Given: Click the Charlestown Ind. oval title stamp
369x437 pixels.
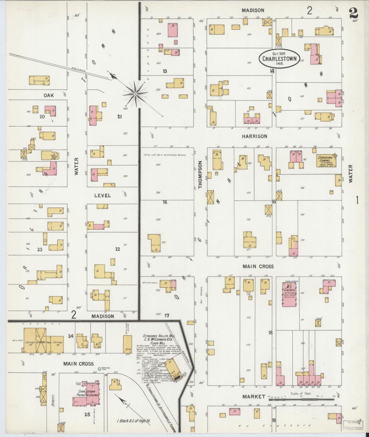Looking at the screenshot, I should pos(279,58).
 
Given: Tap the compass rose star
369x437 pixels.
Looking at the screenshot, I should pos(135,94).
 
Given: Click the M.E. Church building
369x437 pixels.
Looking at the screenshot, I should pos(289,294).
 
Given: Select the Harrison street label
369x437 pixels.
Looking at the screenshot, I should pos(255,136).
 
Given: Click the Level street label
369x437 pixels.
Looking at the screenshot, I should pos(102,196).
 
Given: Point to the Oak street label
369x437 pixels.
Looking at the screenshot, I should pos(49,95).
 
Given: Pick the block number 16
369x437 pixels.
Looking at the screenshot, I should pos(165,202).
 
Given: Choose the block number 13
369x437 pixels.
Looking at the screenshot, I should pos(165,71).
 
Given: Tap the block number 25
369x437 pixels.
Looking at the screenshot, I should pos(87,415).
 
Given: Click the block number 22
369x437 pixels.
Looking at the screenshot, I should pos(117,249).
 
